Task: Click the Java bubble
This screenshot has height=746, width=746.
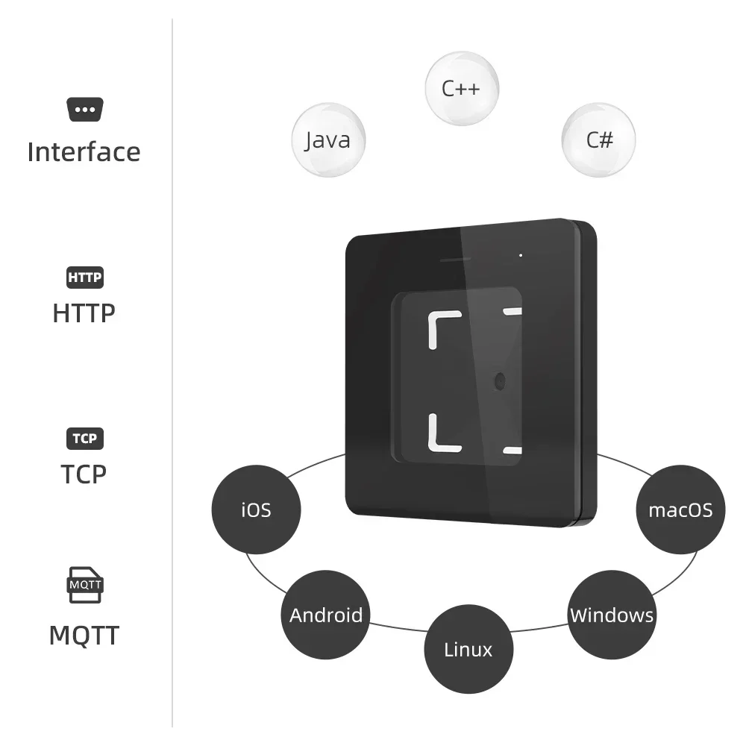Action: [x=327, y=140]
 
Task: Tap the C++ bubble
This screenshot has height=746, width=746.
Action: [x=461, y=88]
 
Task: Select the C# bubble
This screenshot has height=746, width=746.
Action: [x=598, y=140]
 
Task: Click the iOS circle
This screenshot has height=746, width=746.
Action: [x=256, y=510]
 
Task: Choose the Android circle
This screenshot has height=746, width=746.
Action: [x=326, y=615]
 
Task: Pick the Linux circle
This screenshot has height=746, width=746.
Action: [x=468, y=649]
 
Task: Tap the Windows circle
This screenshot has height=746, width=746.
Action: [x=612, y=615]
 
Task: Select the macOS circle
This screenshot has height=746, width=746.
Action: [x=680, y=510]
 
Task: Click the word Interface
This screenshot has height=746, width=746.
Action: [x=84, y=152]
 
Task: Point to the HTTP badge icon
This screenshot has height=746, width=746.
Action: [x=84, y=278]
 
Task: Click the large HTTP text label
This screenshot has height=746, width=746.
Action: [x=84, y=313]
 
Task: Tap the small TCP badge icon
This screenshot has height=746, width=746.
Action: [x=84, y=438]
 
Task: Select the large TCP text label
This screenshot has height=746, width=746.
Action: [x=84, y=474]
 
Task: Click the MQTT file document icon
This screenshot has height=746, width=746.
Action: [x=84, y=585]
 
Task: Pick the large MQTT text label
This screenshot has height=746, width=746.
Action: [x=84, y=636]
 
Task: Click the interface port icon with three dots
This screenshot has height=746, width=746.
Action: [x=84, y=110]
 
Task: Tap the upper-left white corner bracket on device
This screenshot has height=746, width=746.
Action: [x=440, y=325]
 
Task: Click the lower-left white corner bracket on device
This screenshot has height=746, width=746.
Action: [x=440, y=437]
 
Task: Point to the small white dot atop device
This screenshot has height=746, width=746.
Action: [x=521, y=255]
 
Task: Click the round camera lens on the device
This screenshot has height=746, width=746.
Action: [x=498, y=380]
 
